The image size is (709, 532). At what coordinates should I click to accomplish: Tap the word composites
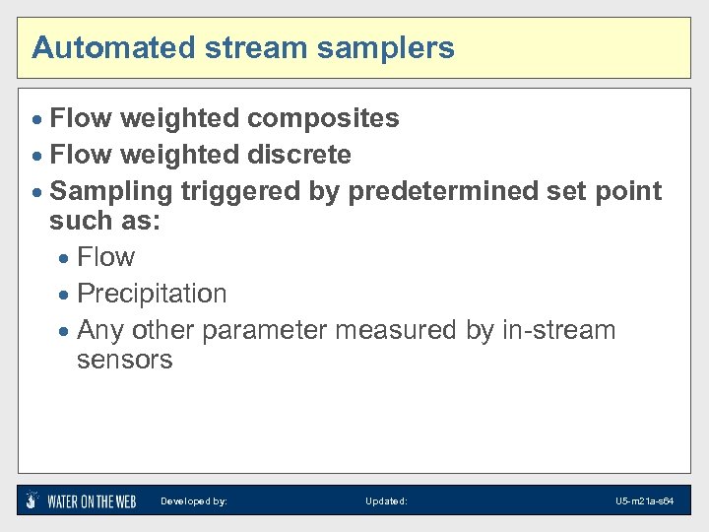(x=323, y=119)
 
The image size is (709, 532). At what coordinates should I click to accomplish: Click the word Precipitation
(x=152, y=294)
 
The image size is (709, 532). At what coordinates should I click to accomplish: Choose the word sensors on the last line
(x=124, y=361)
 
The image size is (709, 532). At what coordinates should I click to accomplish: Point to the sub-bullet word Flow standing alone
(x=105, y=258)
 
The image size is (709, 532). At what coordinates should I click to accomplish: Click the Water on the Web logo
(x=81, y=500)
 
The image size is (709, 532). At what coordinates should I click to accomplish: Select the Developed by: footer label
(x=194, y=501)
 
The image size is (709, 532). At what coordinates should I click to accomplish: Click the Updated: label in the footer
(x=386, y=501)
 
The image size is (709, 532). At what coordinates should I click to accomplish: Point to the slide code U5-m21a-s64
(x=644, y=501)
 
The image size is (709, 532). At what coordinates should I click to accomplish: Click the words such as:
(x=104, y=223)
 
